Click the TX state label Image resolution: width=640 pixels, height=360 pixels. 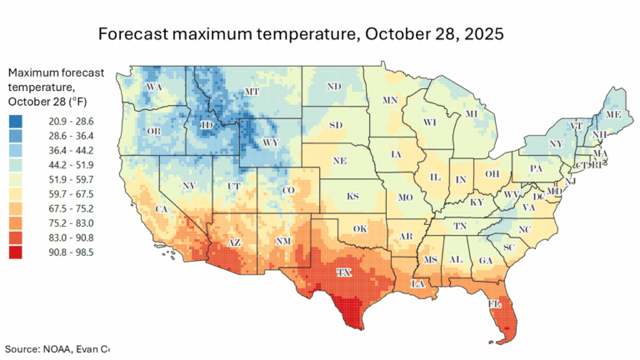pyautogui.click(x=342, y=272)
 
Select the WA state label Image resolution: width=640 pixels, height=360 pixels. pyautogui.click(x=153, y=87)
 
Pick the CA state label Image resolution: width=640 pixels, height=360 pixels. pyautogui.click(x=160, y=208)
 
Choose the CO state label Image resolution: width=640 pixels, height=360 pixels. pyautogui.click(x=288, y=191)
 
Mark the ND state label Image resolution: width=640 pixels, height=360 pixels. pyautogui.click(x=333, y=87)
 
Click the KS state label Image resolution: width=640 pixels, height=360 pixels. pyautogui.click(x=352, y=197)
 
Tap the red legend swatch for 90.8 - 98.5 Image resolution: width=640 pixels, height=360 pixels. pyautogui.click(x=16, y=252)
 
